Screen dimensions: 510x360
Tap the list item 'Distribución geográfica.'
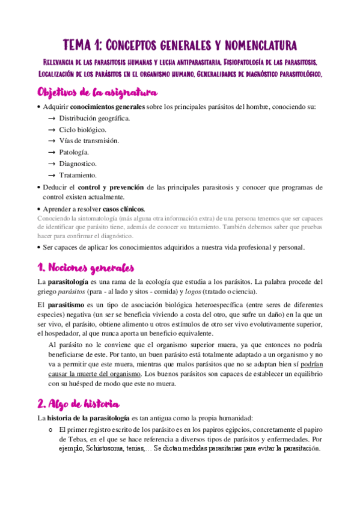click(94, 118)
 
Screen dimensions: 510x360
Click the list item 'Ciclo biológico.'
click(83, 129)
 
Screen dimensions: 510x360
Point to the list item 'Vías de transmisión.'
click(89, 141)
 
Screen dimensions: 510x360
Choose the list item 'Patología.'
click(74, 152)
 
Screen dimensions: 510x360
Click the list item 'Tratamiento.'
click(78, 175)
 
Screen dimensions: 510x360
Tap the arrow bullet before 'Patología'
click(52, 152)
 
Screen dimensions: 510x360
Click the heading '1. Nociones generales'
click(85, 268)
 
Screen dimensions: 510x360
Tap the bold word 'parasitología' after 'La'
click(70, 281)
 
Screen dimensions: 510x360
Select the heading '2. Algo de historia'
click(78, 403)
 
